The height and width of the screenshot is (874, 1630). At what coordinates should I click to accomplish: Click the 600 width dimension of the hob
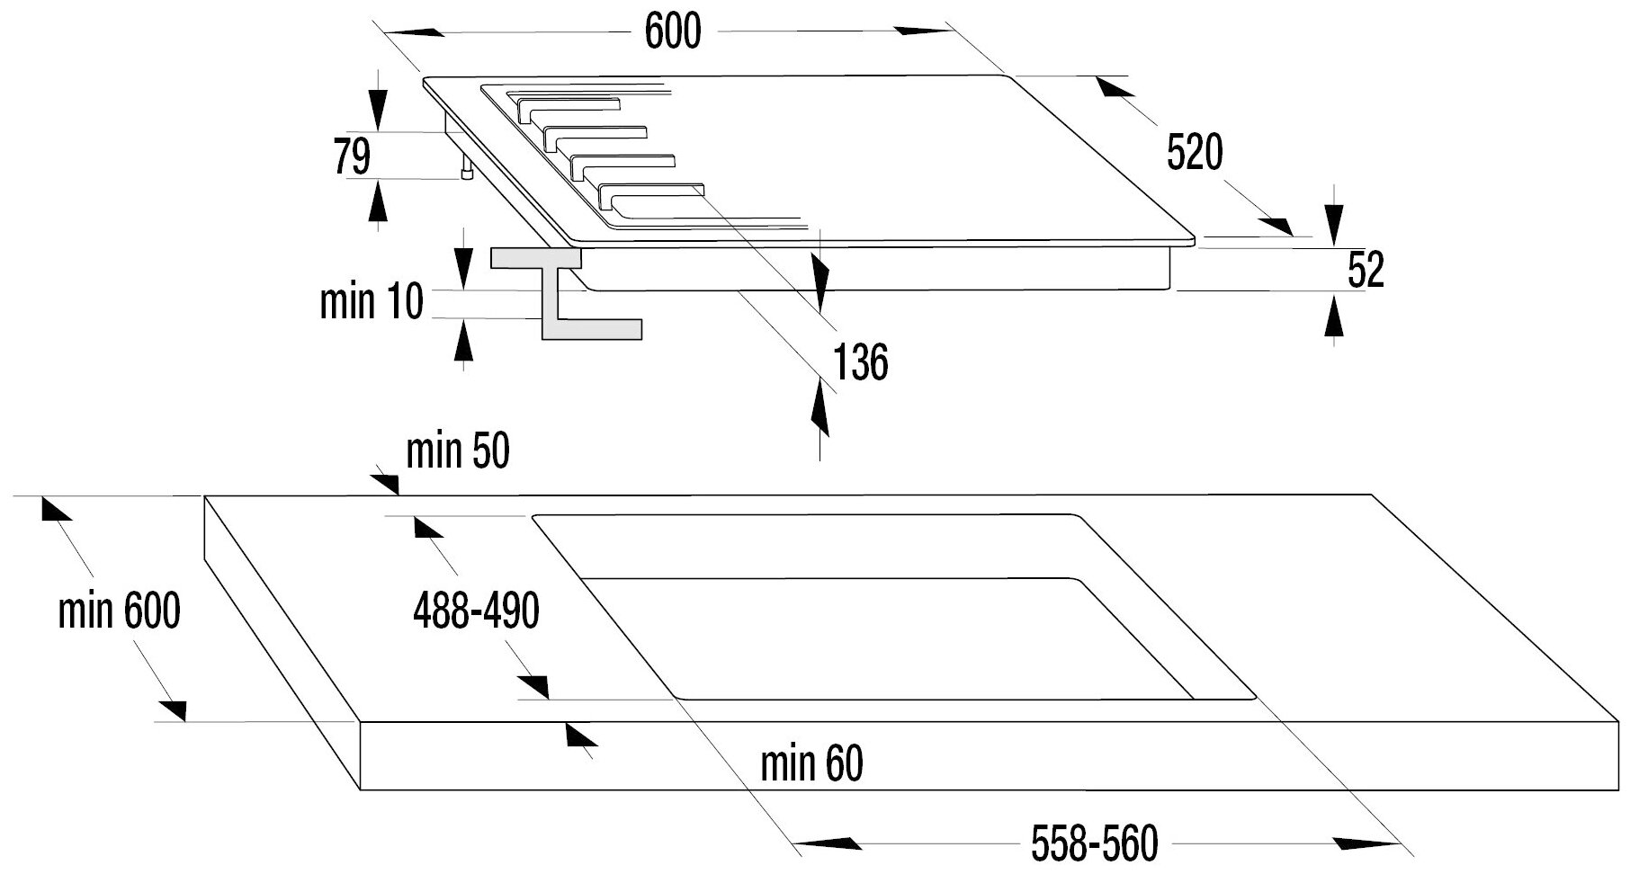[x=673, y=32]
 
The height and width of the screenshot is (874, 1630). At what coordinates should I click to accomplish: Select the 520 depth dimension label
[x=1195, y=153]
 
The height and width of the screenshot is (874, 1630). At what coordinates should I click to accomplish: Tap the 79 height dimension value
[x=352, y=157]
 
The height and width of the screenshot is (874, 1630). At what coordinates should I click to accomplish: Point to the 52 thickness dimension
[x=1365, y=270]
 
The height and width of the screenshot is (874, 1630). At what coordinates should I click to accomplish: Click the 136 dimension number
[x=860, y=362]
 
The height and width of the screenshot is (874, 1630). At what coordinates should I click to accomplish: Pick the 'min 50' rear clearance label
[x=457, y=451]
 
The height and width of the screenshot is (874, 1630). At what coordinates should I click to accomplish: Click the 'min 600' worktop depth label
[x=119, y=611]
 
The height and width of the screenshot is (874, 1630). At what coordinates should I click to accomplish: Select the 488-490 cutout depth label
[x=476, y=611]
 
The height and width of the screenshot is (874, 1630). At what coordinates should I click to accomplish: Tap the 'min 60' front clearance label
[x=811, y=763]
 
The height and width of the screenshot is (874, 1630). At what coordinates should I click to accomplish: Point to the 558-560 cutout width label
[x=1094, y=844]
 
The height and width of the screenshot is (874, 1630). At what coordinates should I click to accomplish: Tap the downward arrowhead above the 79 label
[x=378, y=110]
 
